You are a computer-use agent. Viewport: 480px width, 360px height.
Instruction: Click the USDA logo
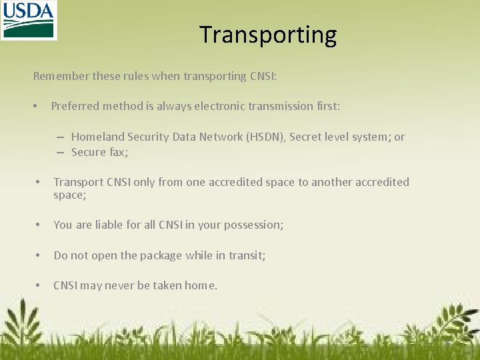(28, 20)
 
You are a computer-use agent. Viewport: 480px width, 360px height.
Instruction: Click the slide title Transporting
(268, 35)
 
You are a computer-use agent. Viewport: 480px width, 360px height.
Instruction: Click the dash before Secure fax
(60, 153)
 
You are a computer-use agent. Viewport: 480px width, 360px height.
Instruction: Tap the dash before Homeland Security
(60, 137)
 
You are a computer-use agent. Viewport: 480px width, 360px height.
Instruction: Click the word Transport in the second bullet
(79, 182)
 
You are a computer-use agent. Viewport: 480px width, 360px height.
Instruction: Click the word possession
(255, 225)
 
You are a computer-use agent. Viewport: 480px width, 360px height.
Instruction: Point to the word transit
(246, 255)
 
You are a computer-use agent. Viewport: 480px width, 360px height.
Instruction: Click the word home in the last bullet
(199, 285)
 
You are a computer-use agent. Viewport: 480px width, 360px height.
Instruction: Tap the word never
(119, 285)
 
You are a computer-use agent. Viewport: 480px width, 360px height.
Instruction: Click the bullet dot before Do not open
(39, 255)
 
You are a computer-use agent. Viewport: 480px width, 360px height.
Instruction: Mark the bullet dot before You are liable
(39, 225)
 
